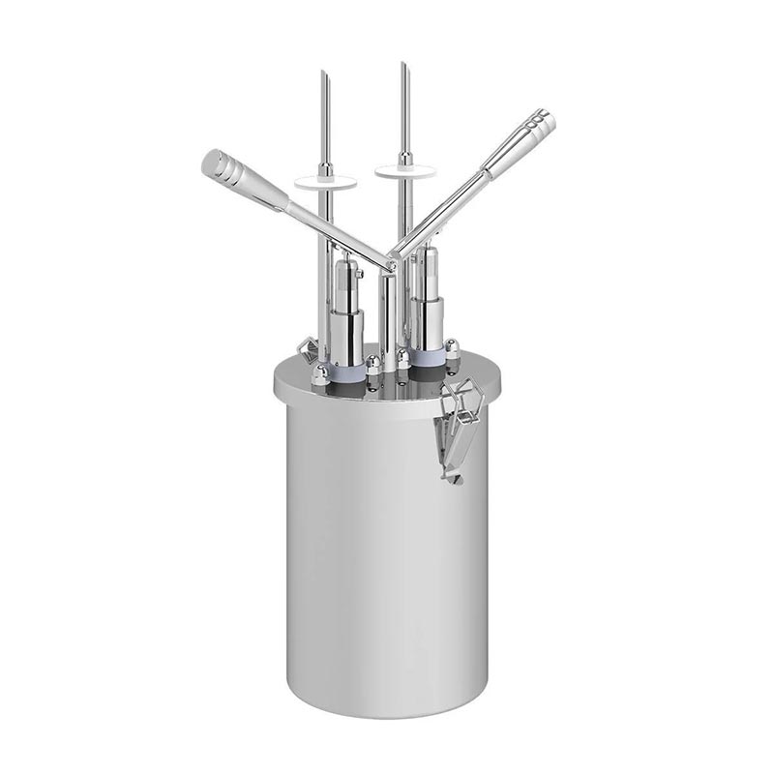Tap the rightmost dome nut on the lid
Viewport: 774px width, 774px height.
pos(453,345)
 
